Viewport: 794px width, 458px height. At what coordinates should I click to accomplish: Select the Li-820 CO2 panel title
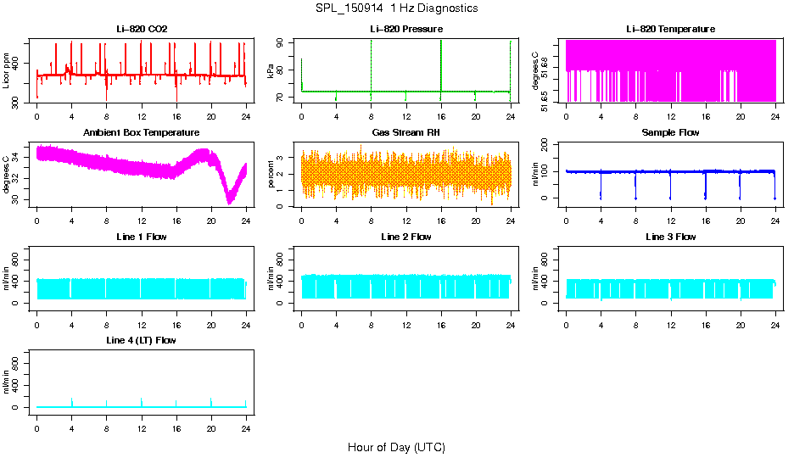point(142,29)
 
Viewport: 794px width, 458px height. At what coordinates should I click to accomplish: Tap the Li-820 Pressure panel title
point(406,29)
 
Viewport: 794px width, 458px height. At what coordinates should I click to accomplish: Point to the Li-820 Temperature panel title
point(670,29)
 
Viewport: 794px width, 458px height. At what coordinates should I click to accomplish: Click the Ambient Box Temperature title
point(142,132)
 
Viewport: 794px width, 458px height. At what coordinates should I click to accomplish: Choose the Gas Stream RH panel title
point(406,132)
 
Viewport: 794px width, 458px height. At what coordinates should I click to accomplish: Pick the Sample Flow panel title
point(670,132)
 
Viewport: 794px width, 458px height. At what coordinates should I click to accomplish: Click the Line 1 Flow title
point(142,237)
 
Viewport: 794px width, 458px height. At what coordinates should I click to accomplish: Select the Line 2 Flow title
point(406,237)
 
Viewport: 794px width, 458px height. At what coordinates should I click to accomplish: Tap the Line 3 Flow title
point(670,237)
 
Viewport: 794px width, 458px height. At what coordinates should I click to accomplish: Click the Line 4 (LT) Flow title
point(142,340)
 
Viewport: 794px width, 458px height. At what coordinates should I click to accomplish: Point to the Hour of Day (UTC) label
point(396,447)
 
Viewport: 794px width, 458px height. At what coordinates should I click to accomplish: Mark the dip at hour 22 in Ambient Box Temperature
point(229,202)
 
